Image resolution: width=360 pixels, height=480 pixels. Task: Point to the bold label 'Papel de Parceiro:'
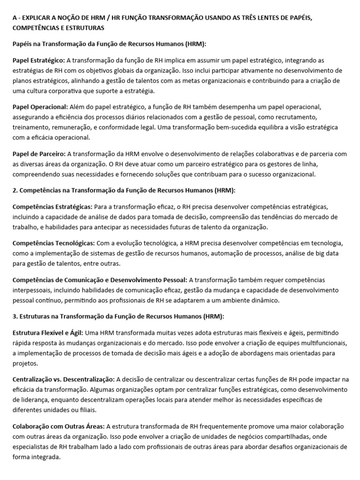39,153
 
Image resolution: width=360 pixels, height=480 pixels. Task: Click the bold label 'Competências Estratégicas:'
52,206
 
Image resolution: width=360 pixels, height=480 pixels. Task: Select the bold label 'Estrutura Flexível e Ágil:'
48,332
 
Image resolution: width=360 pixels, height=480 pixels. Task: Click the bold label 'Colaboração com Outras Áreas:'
59,426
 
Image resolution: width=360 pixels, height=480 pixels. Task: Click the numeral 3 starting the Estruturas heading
14,316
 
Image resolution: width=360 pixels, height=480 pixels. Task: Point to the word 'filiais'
85,410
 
